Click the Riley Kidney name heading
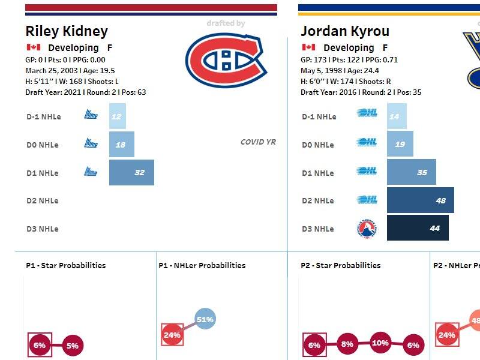pos(67,31)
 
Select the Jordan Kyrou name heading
pos(345,31)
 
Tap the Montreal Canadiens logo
pos(226,58)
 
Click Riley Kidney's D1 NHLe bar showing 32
pos(131,173)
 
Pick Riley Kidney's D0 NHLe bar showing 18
pos(122,145)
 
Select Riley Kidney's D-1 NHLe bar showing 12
pos(118,116)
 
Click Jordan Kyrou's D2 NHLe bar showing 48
pos(420,200)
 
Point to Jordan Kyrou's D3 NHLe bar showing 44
pos(418,229)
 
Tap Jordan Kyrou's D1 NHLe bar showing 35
pos(411,173)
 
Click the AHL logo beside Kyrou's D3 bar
pos(367,229)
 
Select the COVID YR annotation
pos(258,142)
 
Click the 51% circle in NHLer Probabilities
pos(205,319)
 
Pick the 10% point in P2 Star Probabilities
pos(380,343)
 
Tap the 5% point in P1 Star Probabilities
pos(72,346)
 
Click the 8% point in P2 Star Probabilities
pos(347,344)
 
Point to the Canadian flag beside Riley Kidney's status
pos(33,47)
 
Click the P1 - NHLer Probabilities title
pos(202,265)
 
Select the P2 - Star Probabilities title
pos(340,265)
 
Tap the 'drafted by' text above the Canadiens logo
pos(226,23)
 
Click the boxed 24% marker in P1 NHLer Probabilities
pos(172,335)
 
